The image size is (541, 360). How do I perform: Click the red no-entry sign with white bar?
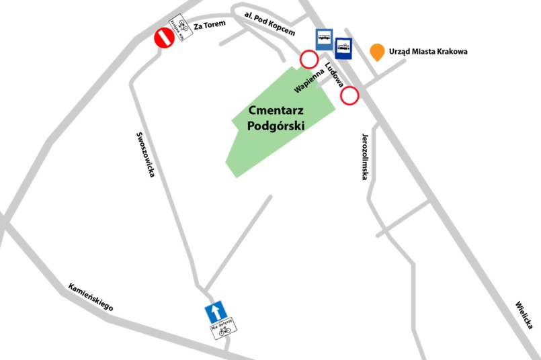point(164,38)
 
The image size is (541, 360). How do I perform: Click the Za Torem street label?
point(210,25)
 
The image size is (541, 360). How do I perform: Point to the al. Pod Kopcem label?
point(269,23)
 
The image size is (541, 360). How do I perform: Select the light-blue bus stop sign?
point(325,40)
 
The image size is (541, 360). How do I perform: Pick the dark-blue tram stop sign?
point(343,47)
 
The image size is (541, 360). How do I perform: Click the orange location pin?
point(378,52)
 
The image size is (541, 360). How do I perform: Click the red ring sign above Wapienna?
point(308,60)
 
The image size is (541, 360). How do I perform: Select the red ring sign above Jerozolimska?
point(349,96)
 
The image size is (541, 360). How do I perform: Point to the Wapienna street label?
point(308,79)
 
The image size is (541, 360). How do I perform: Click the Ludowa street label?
point(334,75)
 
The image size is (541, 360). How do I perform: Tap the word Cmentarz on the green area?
point(276,110)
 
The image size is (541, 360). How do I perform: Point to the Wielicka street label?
point(524,314)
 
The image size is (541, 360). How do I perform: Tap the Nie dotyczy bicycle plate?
point(223,328)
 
